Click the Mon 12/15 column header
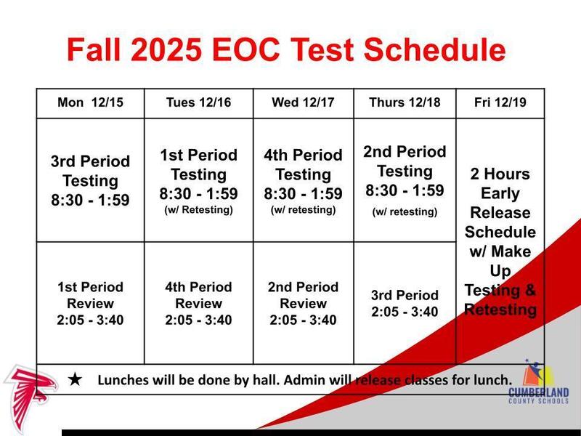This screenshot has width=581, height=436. pos(90,102)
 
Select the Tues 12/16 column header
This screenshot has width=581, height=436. pos(198,102)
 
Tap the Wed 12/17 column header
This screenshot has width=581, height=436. pos(303,102)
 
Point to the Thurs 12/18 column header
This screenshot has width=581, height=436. pos(404,102)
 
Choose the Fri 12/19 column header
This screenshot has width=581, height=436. pos(500,102)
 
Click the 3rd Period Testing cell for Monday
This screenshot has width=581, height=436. pos(90,180)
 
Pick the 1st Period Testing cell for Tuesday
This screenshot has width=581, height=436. pos(198,180)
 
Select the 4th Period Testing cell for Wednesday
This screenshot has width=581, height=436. pos(303,180)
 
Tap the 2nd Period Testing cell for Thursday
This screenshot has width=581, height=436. pos(404,179)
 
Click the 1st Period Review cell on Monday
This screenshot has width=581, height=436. pos(90,303)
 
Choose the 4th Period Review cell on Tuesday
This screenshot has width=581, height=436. pos(198,303)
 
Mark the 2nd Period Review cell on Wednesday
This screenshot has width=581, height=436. pos(303,303)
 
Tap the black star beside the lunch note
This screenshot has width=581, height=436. pos(75,379)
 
